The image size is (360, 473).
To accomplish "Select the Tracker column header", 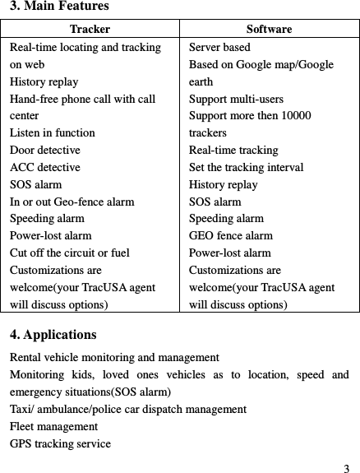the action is [91, 30].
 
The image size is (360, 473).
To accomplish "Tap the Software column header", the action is [269, 30].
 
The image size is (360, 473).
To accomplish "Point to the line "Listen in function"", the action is [52, 133].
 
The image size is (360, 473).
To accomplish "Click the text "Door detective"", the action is [44, 151].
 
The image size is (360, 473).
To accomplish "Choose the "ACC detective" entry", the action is [44, 168].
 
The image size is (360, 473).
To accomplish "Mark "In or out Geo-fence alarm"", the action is [72, 202].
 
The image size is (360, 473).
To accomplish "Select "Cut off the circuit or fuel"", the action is [70, 253].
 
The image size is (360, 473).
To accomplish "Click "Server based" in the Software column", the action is [219, 48].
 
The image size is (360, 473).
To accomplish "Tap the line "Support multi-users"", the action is [237, 99].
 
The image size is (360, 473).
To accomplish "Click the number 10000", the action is [293, 116].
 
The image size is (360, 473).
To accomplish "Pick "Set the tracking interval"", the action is [247, 168].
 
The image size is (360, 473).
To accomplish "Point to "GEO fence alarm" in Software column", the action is [231, 236].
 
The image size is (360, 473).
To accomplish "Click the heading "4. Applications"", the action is [53, 336].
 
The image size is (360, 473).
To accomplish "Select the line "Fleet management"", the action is [53, 427].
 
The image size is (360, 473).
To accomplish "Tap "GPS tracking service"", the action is [60, 444].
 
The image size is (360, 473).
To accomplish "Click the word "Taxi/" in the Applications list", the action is [21, 409].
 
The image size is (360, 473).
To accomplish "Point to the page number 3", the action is [347, 458].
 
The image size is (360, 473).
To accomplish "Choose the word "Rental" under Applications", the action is [25, 358].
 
